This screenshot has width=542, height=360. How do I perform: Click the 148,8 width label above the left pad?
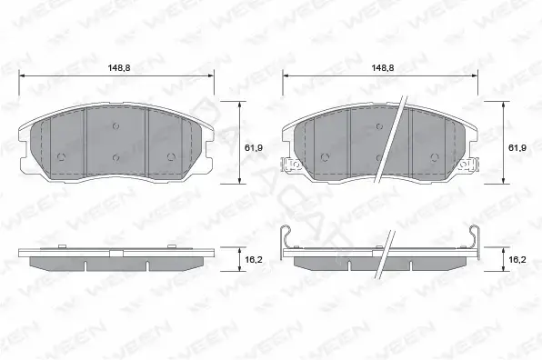point(119,67)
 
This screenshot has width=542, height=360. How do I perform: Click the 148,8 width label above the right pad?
point(383,67)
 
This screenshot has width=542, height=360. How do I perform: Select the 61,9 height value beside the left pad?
point(254,147)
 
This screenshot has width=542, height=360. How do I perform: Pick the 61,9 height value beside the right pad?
point(517,147)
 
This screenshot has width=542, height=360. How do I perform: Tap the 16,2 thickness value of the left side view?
point(254,259)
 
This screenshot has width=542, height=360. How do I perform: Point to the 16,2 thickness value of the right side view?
point(517,259)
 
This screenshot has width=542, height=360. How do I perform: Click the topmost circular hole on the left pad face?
point(115,126)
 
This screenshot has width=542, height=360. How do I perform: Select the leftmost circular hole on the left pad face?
point(61,157)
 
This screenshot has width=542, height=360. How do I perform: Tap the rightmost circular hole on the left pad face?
point(171,157)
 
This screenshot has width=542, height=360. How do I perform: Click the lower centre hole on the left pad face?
point(115,158)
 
